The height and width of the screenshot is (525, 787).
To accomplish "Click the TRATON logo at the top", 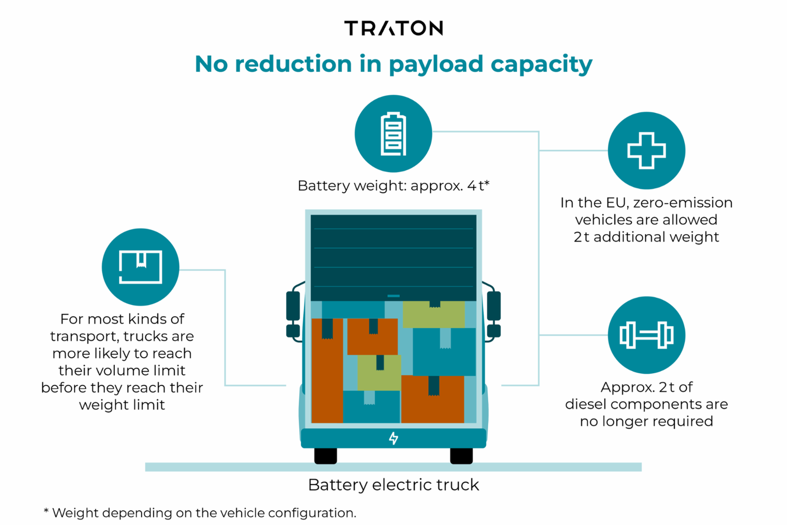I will click(x=393, y=28).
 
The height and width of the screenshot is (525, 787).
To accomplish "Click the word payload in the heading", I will click(x=436, y=64).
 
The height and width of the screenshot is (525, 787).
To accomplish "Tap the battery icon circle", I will click(x=393, y=134).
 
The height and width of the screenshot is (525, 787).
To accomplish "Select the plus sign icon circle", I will click(x=646, y=151).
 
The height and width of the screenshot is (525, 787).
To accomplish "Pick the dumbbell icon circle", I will click(x=646, y=335).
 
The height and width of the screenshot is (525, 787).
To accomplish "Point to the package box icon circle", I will click(x=140, y=267).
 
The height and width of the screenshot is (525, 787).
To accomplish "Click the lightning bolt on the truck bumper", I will click(x=393, y=438).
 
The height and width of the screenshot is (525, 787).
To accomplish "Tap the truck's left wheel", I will click(x=325, y=456).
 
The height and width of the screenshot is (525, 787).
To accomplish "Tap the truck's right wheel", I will click(x=461, y=456).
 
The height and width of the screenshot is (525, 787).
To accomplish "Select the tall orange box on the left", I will click(x=327, y=371).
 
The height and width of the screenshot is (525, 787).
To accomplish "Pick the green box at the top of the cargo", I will click(x=434, y=315).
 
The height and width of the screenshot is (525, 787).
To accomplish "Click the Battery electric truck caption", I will click(x=393, y=485).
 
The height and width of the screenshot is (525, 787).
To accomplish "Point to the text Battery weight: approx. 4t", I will click(x=393, y=186).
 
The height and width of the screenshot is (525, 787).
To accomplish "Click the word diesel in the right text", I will click(x=586, y=404).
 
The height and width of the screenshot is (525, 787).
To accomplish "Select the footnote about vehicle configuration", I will click(x=200, y=513).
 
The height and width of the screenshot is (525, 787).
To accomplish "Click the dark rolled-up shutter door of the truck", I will click(x=393, y=258).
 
